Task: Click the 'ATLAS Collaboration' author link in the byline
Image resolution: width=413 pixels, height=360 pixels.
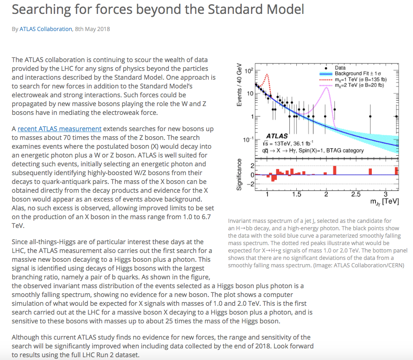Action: [x=46, y=29]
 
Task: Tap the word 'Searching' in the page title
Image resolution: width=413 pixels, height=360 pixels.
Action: [x=45, y=9]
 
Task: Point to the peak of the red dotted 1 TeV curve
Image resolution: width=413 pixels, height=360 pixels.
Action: [x=267, y=74]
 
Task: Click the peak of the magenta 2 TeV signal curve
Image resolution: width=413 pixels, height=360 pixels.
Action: [x=327, y=87]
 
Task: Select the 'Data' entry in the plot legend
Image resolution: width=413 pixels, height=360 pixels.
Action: [x=340, y=68]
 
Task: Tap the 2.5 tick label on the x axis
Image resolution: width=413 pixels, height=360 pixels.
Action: [x=356, y=194]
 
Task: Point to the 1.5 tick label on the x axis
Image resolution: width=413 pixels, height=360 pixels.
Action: [x=297, y=194]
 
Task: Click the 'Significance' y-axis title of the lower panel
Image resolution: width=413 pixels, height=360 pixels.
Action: [x=239, y=175]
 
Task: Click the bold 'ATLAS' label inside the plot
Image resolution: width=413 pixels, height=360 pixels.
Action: [x=277, y=136]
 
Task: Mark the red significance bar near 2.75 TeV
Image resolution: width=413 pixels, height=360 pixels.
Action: [x=370, y=171]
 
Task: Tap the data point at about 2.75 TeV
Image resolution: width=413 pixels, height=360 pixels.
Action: [x=370, y=117]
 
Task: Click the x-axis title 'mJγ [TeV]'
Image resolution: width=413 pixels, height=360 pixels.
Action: [x=384, y=202]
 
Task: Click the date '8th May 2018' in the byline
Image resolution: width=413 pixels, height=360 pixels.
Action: [x=93, y=29]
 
